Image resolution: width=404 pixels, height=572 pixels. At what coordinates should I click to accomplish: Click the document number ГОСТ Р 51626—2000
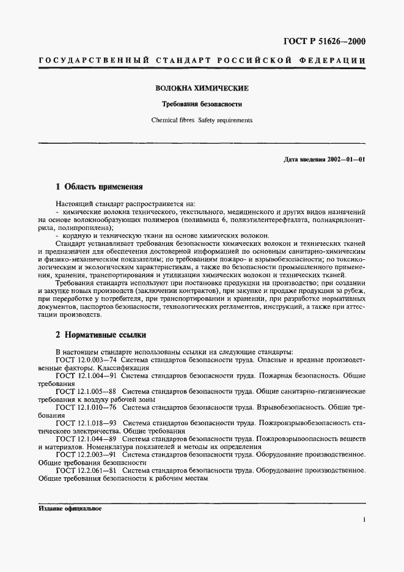click(325, 42)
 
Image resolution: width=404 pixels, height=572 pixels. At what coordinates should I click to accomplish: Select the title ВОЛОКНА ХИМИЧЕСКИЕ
click(202, 89)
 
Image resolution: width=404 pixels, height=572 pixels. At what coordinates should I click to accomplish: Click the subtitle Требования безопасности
click(202, 105)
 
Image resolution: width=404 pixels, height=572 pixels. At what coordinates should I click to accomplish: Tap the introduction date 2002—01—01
click(345, 160)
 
